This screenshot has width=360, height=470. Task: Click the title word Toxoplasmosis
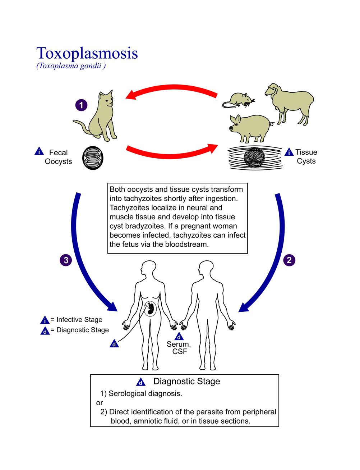[87, 54]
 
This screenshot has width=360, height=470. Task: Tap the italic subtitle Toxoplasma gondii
[71, 66]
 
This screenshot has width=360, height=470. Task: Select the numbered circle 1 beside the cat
[81, 105]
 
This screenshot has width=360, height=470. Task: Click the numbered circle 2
[289, 260]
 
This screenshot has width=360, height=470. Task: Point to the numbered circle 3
[66, 260]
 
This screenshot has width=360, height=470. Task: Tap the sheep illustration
[290, 104]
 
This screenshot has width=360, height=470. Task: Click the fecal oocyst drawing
[93, 158]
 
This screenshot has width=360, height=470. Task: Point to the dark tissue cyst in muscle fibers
[254, 158]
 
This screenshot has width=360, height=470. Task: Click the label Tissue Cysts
[306, 156]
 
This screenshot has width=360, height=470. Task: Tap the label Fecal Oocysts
[58, 157]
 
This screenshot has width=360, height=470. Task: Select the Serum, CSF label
[179, 348]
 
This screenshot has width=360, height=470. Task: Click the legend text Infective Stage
[79, 320]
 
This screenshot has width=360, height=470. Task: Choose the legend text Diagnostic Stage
[83, 330]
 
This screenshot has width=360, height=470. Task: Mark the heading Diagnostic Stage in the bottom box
[187, 381]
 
